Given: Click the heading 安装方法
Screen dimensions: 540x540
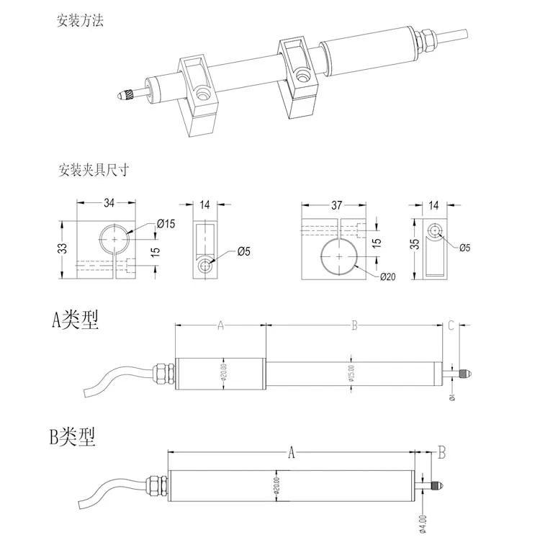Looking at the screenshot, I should click(x=81, y=21).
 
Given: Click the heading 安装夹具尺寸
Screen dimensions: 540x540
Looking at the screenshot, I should click(x=94, y=171).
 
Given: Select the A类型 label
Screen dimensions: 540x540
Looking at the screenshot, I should click(x=74, y=320).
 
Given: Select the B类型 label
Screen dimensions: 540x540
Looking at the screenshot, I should click(x=71, y=436).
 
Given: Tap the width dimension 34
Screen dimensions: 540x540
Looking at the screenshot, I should click(x=109, y=204).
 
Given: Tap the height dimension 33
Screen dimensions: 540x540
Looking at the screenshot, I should click(x=63, y=248).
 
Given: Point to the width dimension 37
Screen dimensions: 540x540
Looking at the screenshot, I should click(x=336, y=204).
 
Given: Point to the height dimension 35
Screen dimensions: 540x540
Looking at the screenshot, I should click(x=413, y=245).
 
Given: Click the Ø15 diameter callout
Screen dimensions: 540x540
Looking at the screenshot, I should click(x=166, y=224).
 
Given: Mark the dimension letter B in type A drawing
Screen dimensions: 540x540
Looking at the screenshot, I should click(x=354, y=326).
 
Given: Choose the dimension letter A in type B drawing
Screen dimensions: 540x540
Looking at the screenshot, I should click(x=292, y=453).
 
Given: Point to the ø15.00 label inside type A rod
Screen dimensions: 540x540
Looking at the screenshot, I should click(x=351, y=372).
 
